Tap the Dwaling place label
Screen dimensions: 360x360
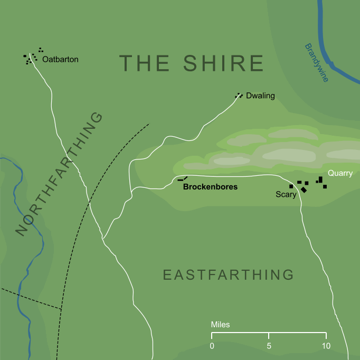(260, 96)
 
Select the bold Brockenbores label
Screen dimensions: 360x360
(210, 187)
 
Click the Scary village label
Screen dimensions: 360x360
(286, 195)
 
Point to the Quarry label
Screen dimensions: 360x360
(340, 173)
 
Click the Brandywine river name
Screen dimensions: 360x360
(316, 63)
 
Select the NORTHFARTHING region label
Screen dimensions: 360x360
(59, 174)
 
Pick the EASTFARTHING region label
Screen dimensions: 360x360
(228, 275)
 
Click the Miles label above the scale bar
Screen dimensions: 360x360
(220, 325)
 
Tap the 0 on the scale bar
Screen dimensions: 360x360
(212, 346)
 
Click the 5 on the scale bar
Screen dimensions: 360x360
(269, 346)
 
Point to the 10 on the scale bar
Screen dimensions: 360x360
(326, 346)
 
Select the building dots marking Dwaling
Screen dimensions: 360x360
(239, 96)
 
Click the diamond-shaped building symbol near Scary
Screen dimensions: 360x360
(304, 190)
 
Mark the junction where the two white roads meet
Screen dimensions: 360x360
(103, 239)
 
